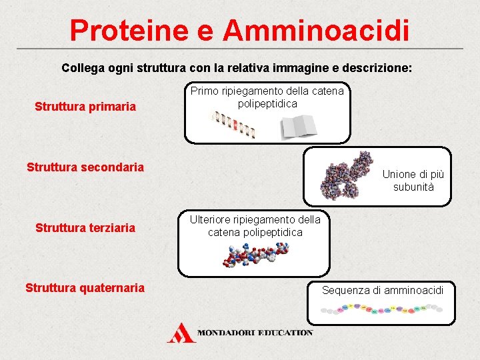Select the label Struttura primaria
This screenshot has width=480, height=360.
click(x=85, y=107)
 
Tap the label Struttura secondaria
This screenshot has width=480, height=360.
click(x=85, y=167)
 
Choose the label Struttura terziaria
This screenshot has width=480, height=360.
click(x=85, y=228)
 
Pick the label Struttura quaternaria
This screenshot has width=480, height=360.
click(x=85, y=288)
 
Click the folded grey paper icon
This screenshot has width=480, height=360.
click(x=299, y=126)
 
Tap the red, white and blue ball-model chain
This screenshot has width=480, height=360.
click(x=257, y=256)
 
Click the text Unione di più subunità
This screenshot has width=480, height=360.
click(x=413, y=181)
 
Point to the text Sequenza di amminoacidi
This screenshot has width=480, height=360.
click(x=383, y=290)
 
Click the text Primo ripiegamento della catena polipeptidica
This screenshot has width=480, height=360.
click(x=267, y=97)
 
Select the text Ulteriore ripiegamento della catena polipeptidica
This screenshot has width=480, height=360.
click(x=255, y=226)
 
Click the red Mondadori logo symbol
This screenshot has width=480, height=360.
click(x=181, y=332)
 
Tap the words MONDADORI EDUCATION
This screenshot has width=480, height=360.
click(x=255, y=332)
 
